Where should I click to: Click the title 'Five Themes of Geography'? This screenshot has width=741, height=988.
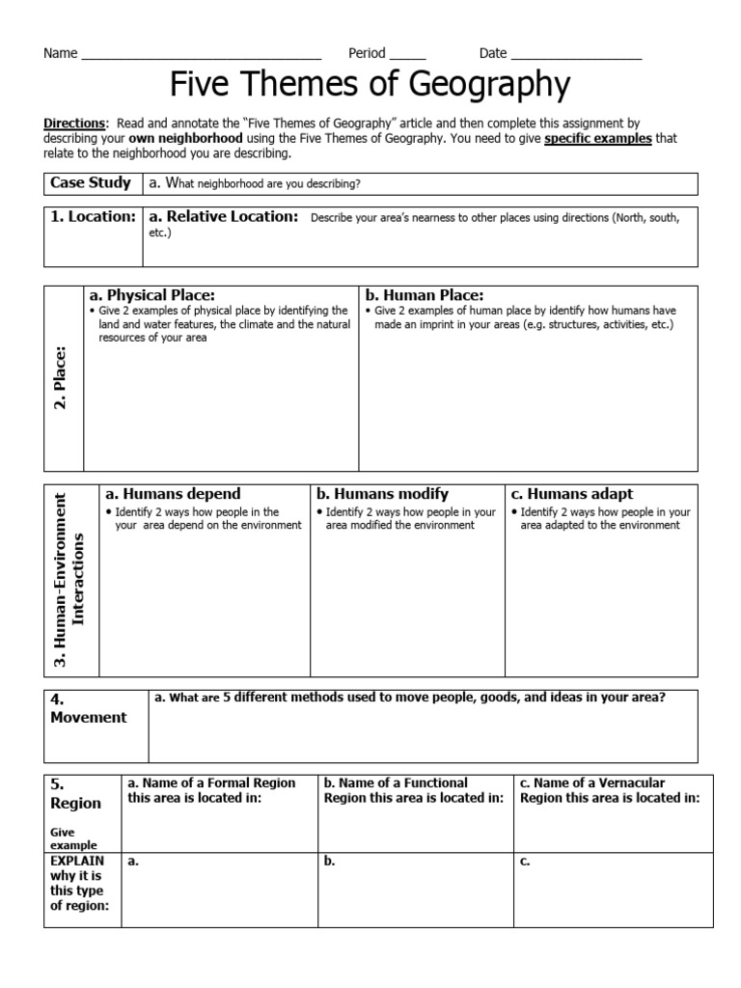[x=370, y=86]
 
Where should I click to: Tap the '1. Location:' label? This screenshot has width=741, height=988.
[x=94, y=217]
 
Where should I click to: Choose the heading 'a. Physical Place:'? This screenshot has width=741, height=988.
[x=151, y=295]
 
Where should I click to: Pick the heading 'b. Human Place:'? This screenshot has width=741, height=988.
[x=424, y=295]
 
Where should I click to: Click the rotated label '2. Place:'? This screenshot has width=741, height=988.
[x=61, y=378]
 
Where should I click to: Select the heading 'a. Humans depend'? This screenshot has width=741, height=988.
[x=173, y=494]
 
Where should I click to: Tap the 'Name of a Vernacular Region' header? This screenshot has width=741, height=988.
[x=609, y=790]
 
